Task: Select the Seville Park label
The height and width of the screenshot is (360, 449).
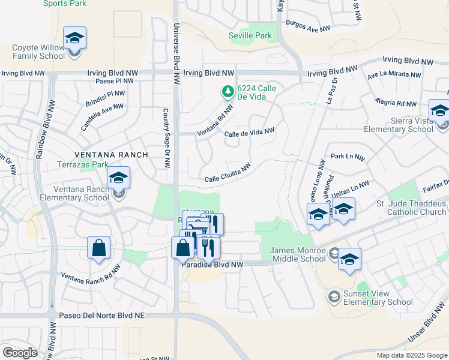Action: pos(250,36)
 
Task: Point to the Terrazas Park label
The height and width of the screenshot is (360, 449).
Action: pos(83,164)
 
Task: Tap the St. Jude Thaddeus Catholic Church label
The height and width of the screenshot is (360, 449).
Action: pos(411,208)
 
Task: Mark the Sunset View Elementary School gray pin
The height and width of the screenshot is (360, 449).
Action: pos(334,296)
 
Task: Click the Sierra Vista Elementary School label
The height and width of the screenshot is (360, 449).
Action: pos(399,125)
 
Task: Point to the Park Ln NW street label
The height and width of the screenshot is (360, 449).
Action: pos(348,157)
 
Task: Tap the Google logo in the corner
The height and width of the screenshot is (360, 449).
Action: pos(19,353)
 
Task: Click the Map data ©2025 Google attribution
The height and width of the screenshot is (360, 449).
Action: pos(411,355)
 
